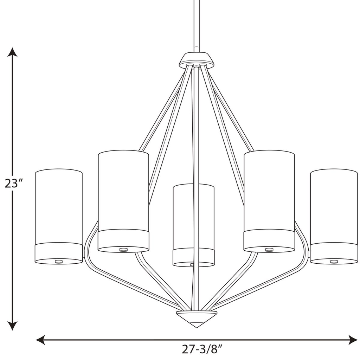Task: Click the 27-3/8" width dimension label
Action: point(203,349)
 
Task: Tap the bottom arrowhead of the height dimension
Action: point(13,326)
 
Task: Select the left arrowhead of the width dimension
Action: point(41,340)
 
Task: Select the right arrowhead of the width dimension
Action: point(353,340)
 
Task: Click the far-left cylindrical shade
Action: point(59,207)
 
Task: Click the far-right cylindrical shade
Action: point(334,207)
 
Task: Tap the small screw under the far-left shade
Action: point(59,261)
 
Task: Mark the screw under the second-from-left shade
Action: point(123,250)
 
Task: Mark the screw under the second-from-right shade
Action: point(269,250)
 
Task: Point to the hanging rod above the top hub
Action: point(197,25)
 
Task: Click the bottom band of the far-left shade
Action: point(59,252)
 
